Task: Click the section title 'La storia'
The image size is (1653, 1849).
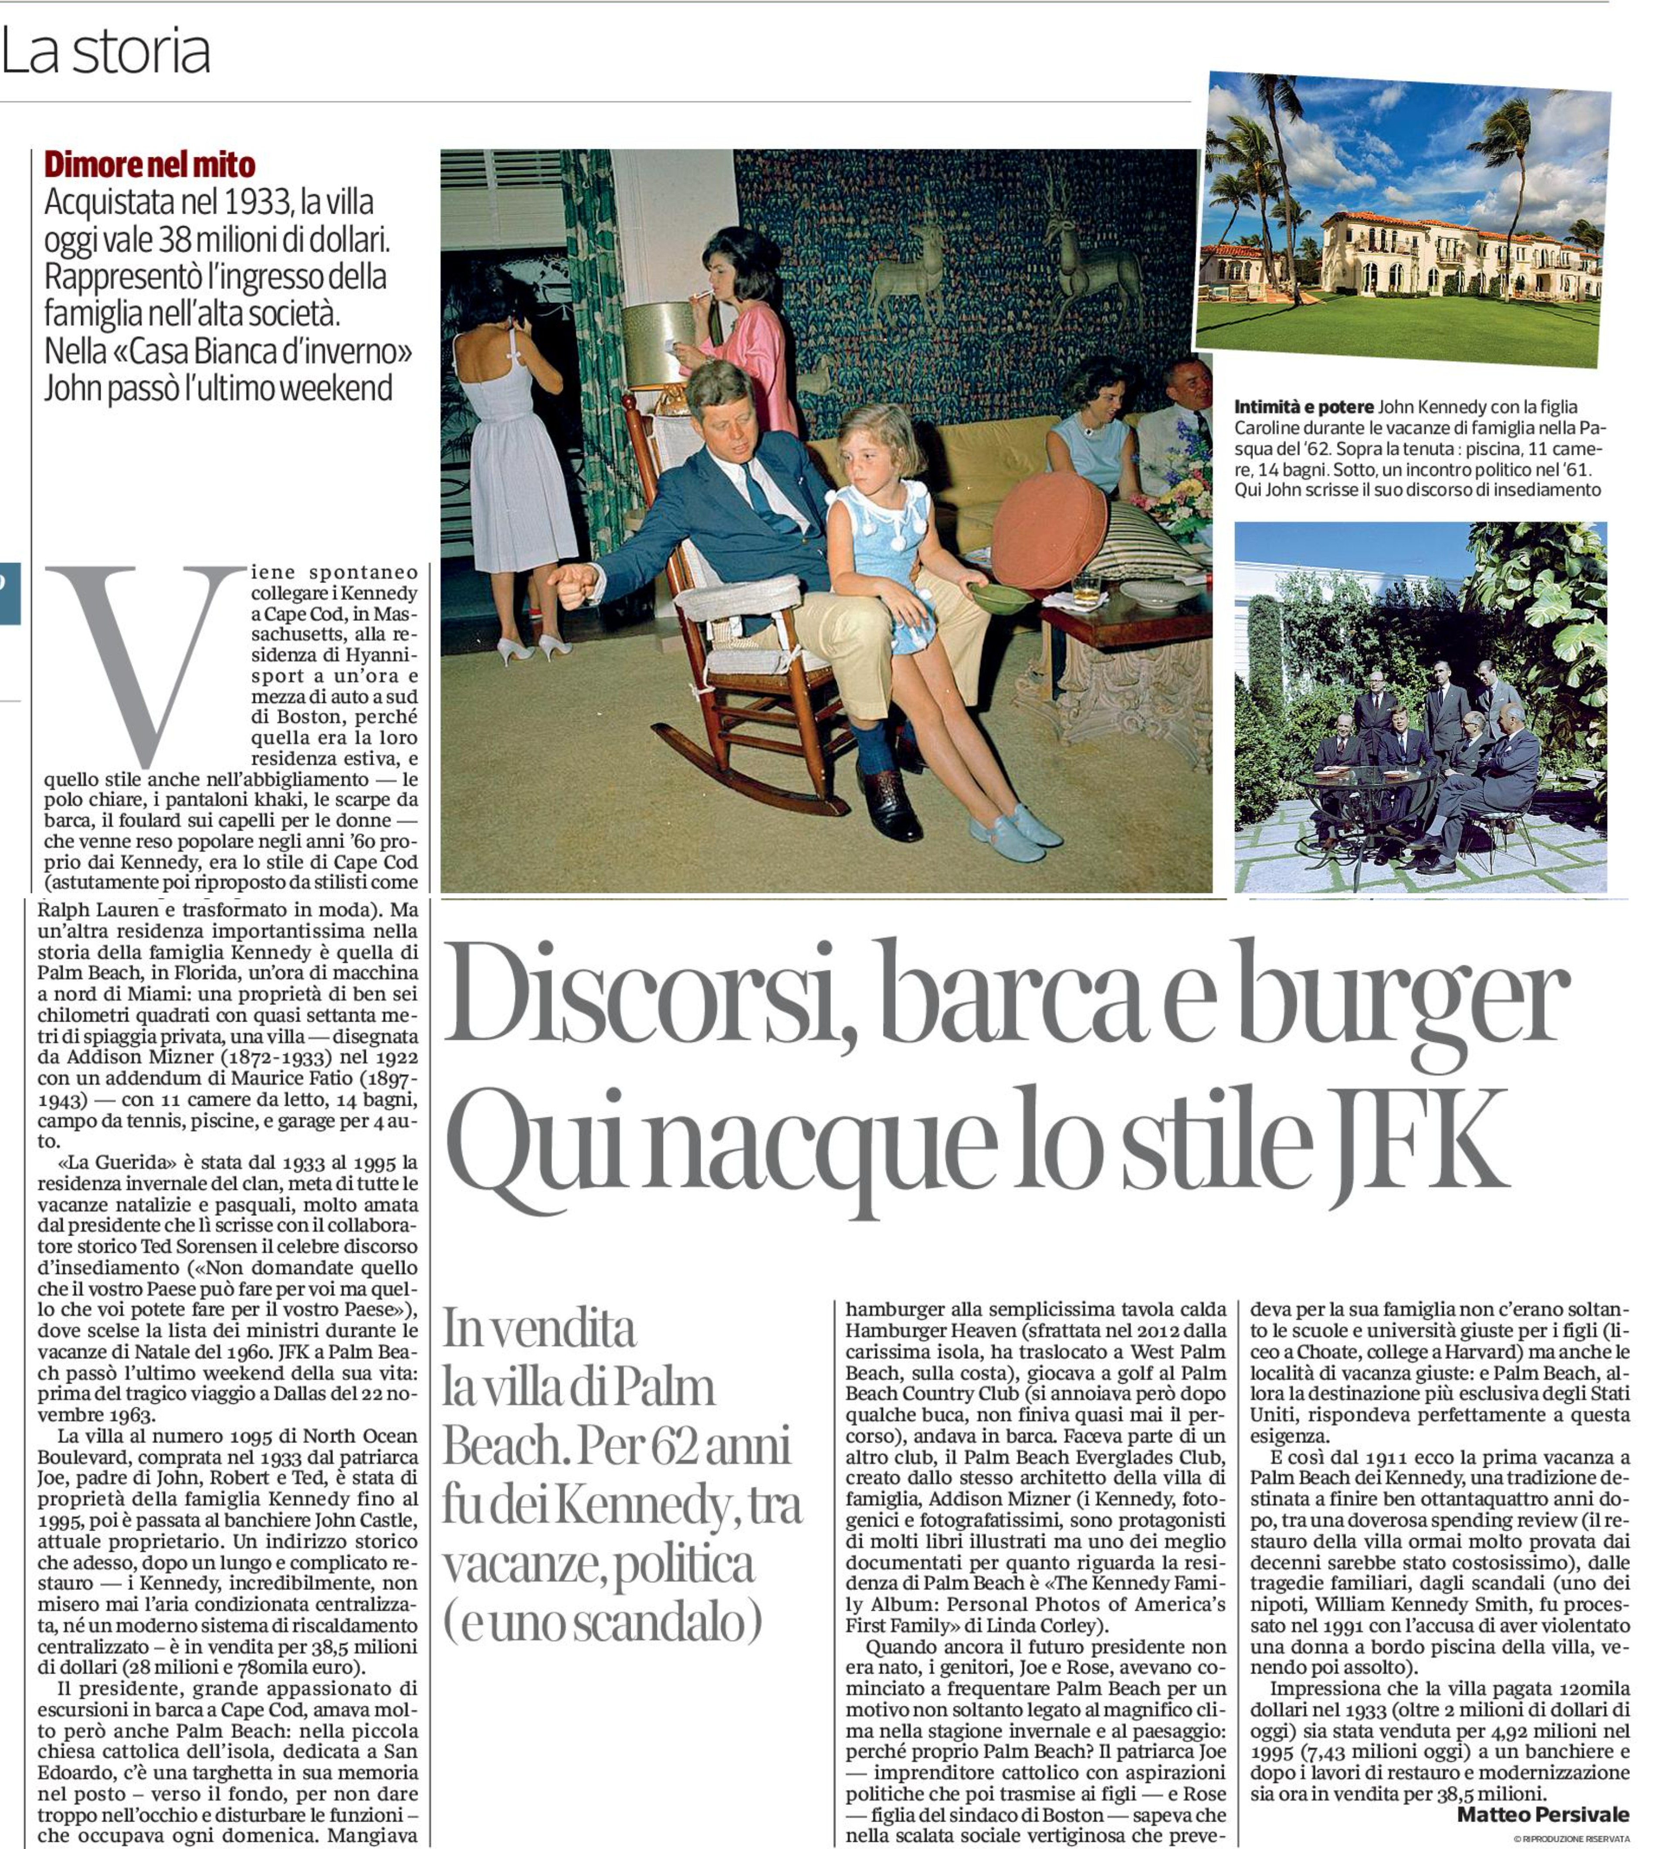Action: (106, 52)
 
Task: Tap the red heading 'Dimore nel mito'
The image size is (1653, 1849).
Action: (150, 164)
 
